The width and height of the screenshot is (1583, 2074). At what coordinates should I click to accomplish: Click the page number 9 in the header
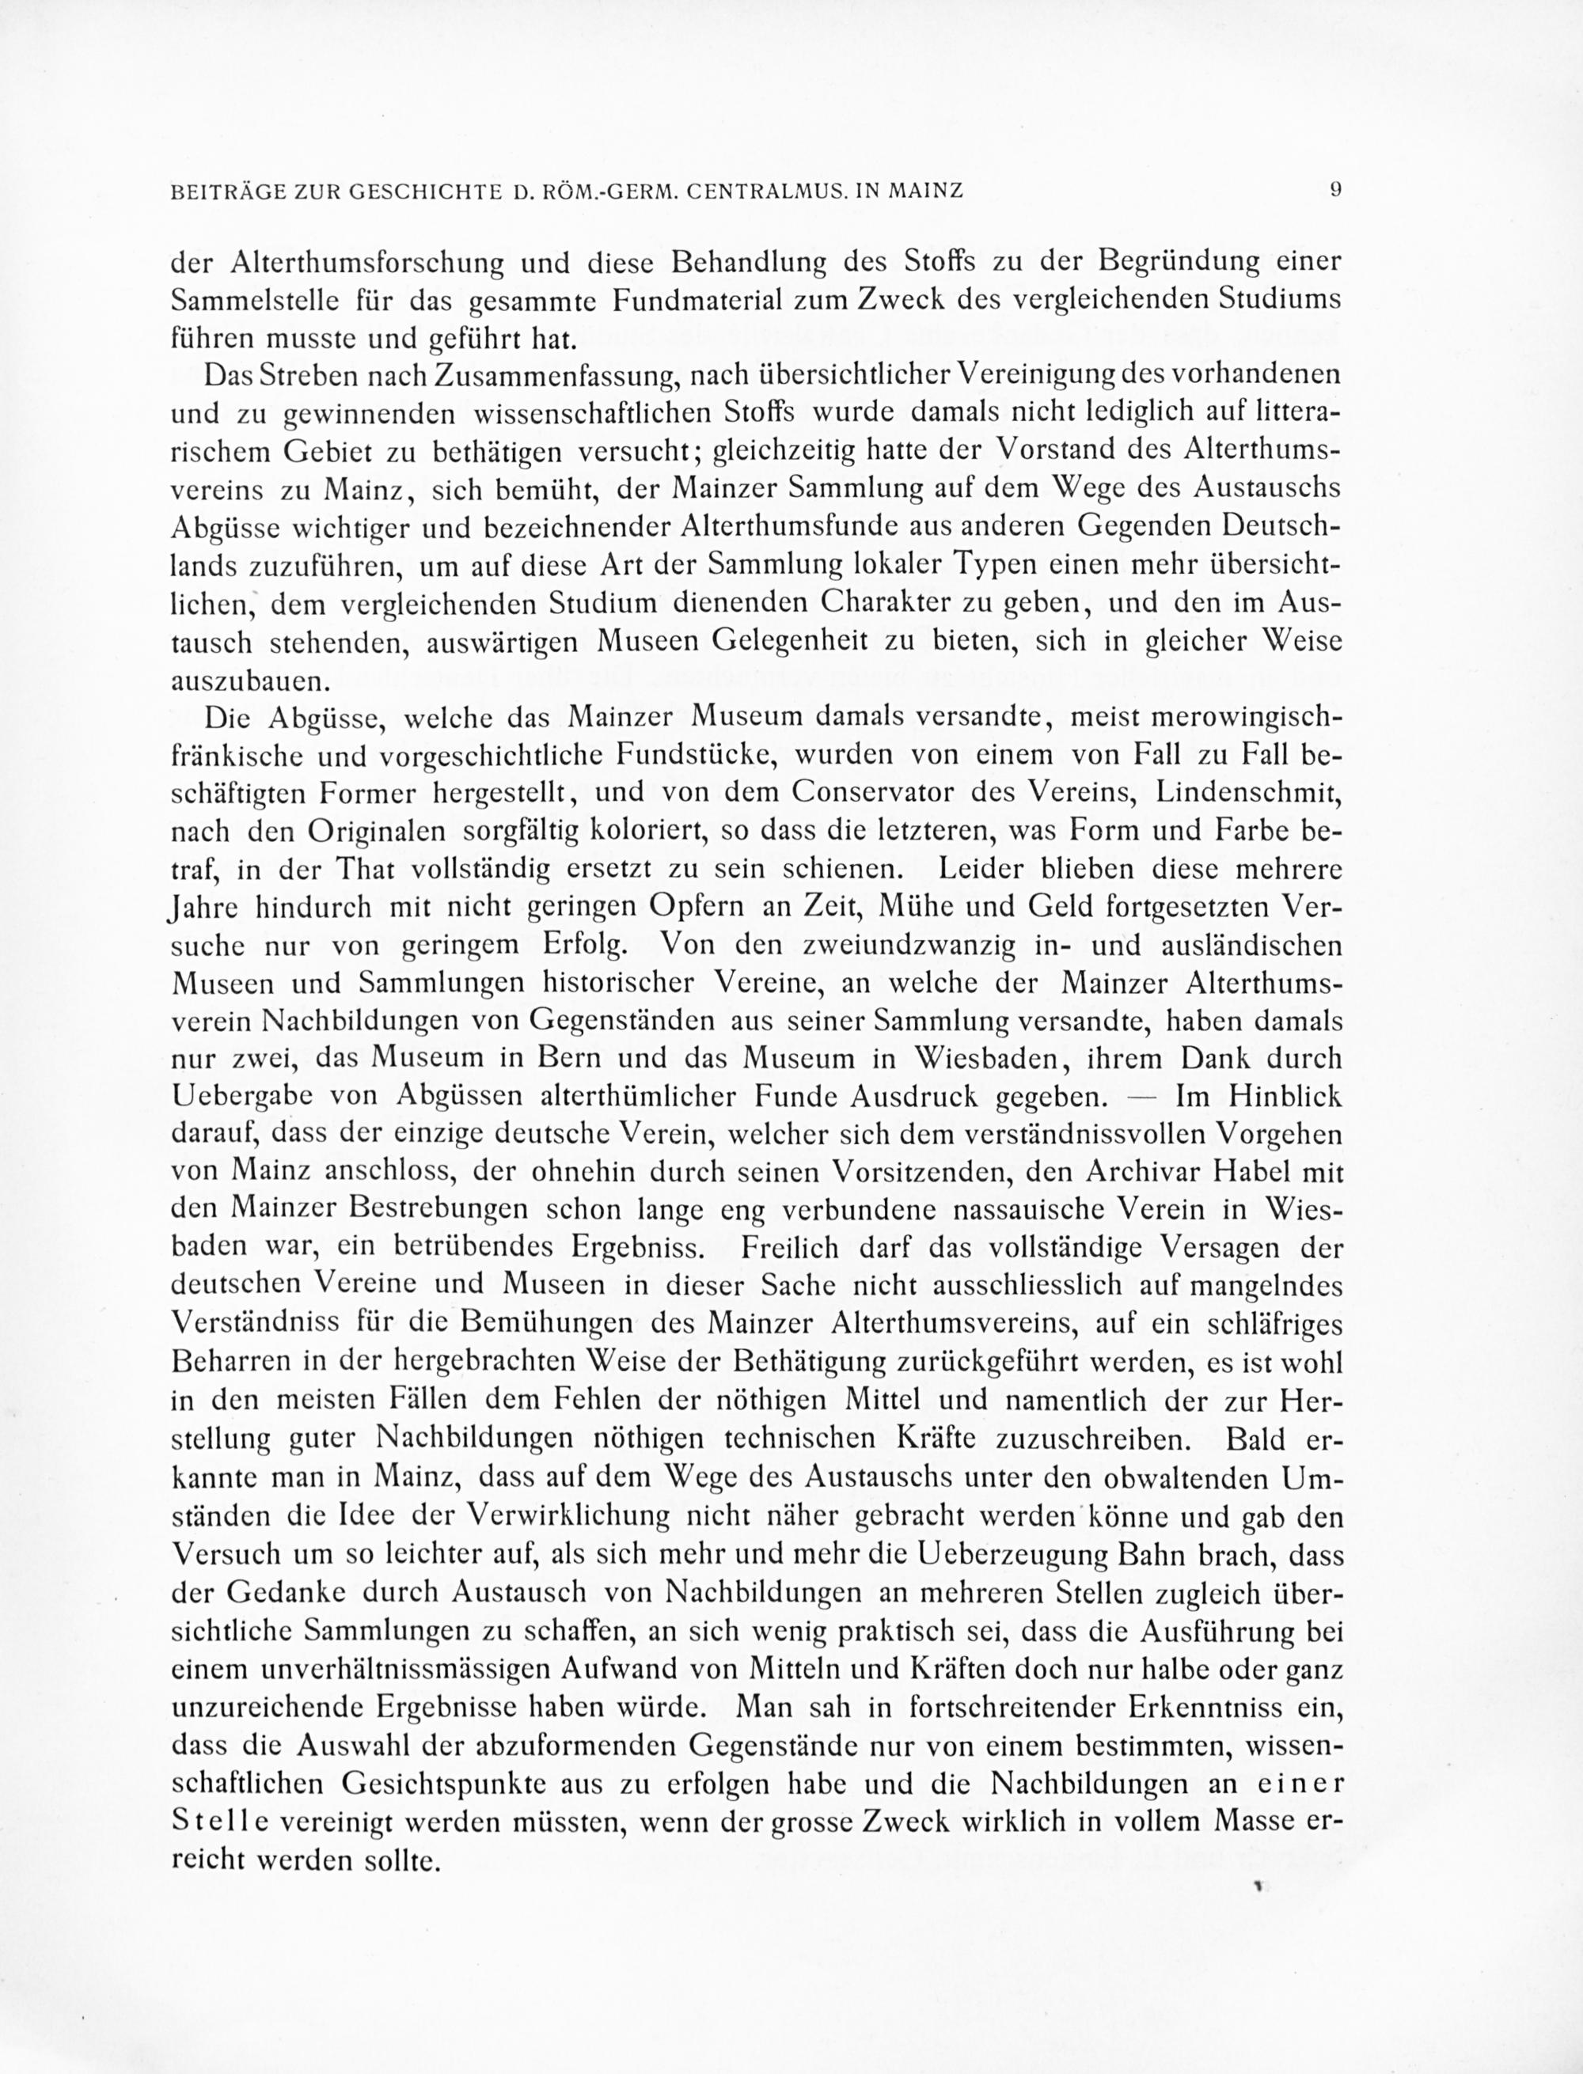(x=1335, y=189)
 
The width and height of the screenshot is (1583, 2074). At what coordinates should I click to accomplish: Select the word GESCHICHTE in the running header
(x=424, y=192)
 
